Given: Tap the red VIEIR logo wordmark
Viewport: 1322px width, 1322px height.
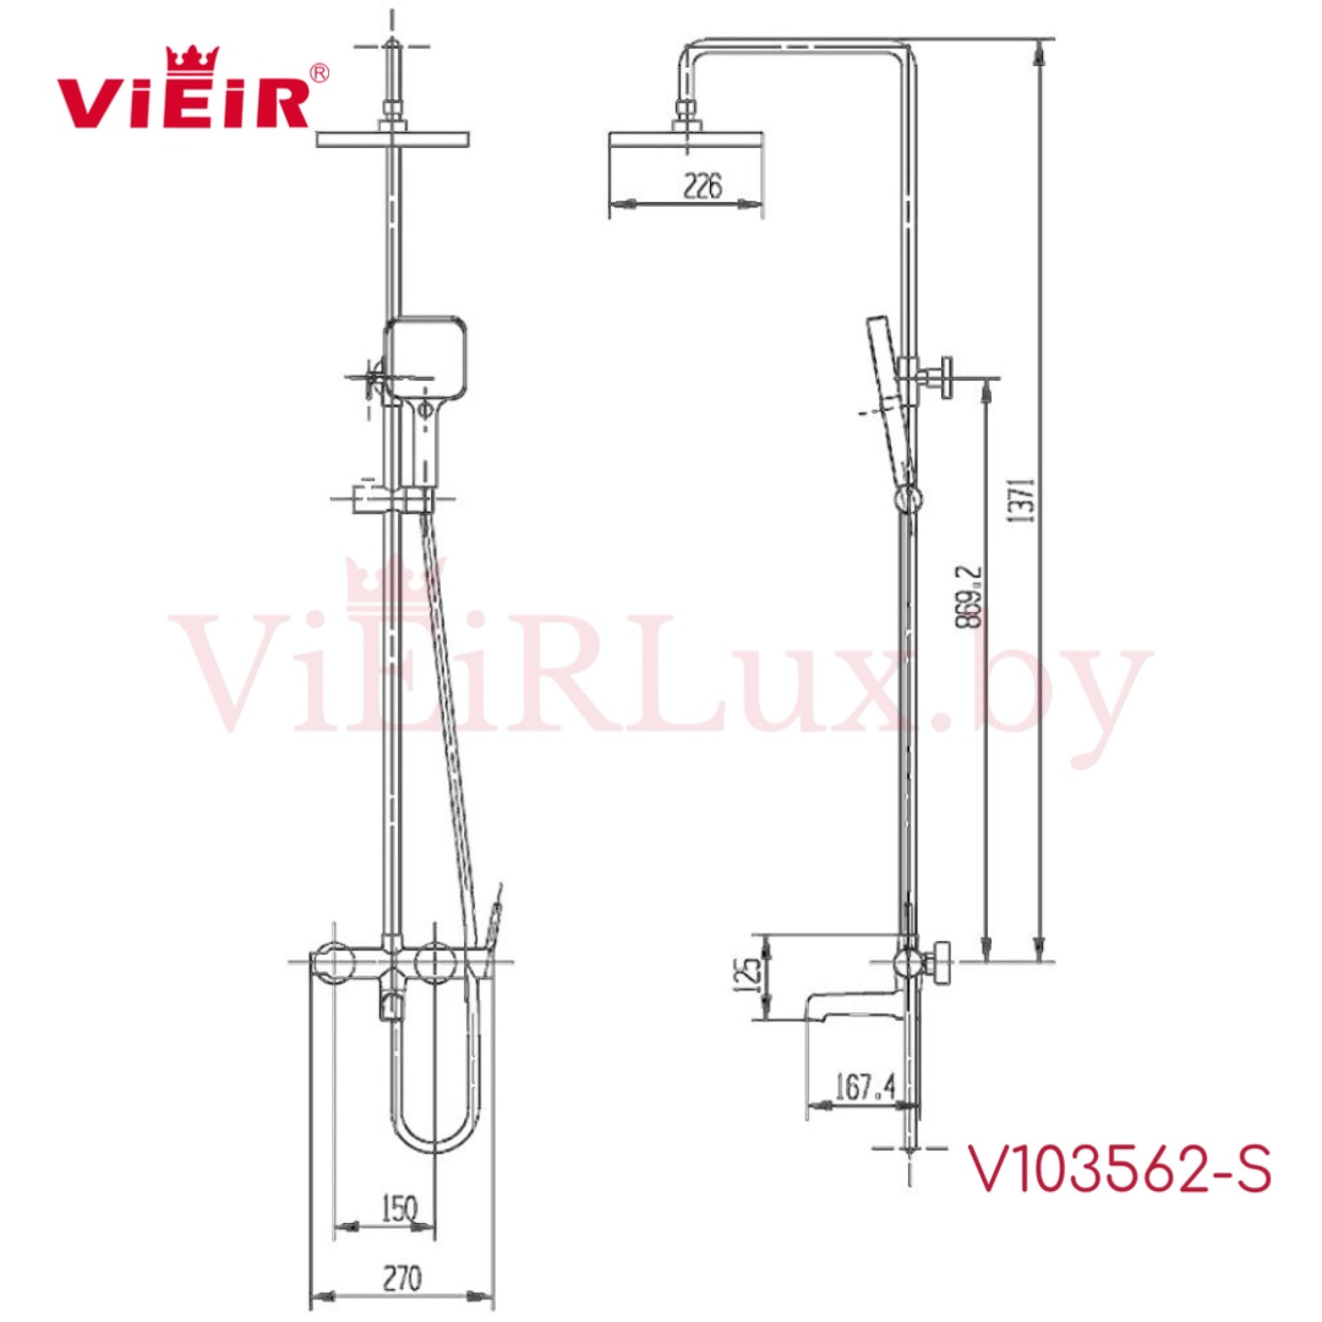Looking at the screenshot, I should point(183,102).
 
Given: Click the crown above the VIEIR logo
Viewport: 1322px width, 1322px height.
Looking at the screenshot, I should point(193,59).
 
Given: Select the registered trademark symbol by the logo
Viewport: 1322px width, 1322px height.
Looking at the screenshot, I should point(319,73).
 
